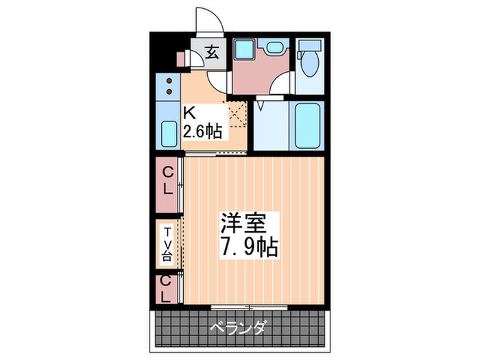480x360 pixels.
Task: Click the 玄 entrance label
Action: [x=213, y=52]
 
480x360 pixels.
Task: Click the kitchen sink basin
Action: [x=168, y=132]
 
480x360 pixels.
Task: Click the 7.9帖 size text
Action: [x=248, y=246]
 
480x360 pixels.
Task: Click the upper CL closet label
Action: [x=167, y=185]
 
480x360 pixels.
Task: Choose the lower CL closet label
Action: [x=166, y=288]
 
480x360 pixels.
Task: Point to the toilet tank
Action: [x=309, y=46]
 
